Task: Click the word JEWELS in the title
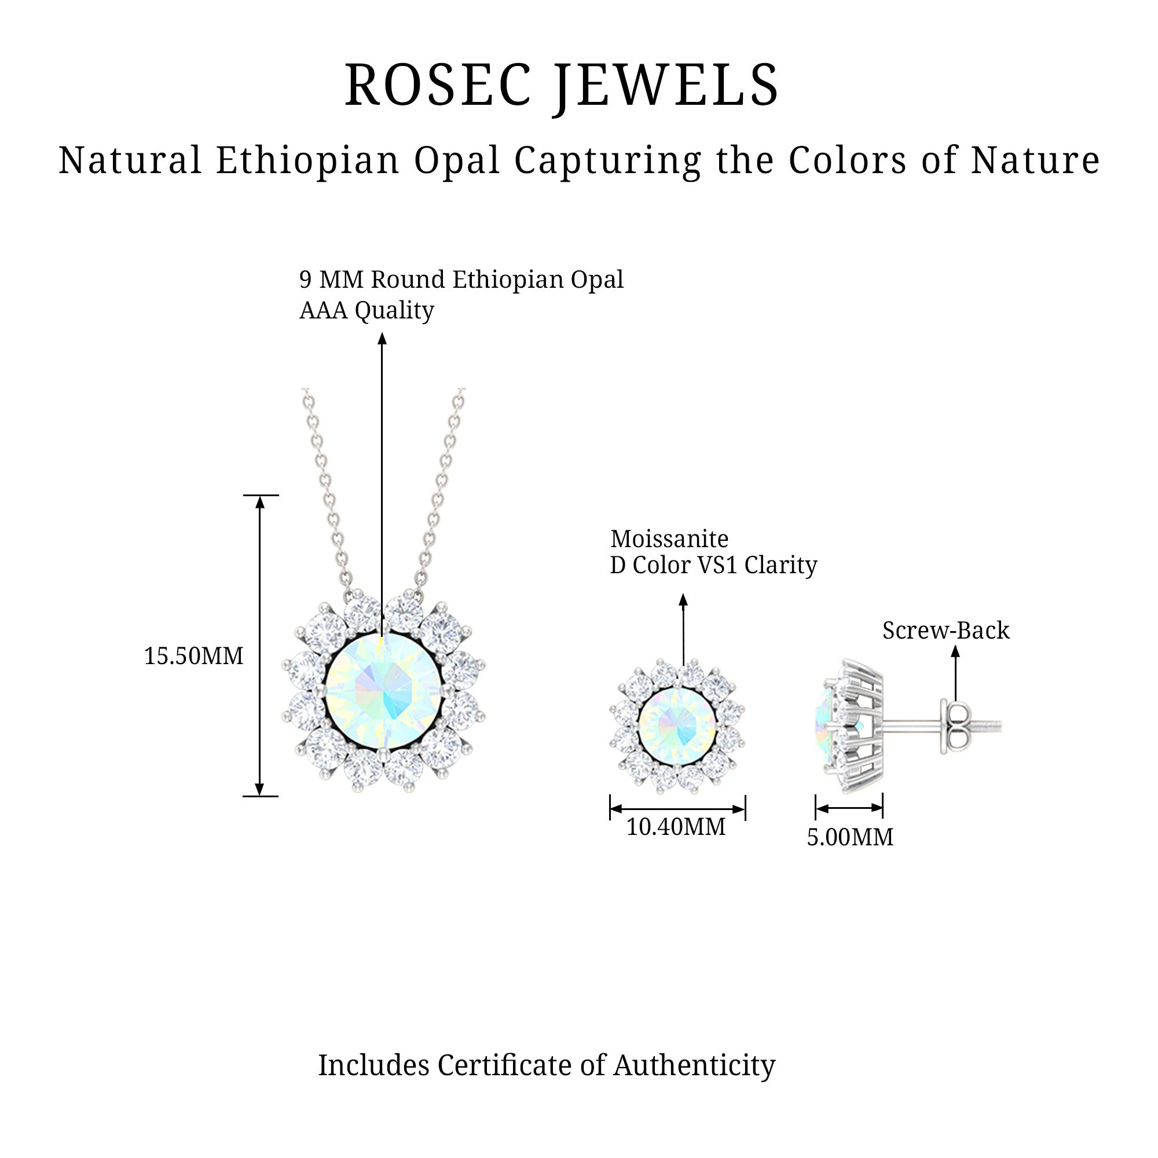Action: [665, 86]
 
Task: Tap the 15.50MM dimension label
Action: [193, 657]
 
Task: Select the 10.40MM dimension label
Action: [676, 827]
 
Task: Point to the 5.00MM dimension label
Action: [849, 837]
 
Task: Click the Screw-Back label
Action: [946, 631]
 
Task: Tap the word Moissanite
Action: [669, 540]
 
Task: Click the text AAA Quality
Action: [367, 310]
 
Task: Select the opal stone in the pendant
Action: [383, 693]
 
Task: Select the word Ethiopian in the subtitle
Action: [307, 160]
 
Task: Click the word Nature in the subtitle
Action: [1036, 160]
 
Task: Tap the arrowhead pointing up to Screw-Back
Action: [955, 651]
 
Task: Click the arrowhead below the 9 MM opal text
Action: [382, 339]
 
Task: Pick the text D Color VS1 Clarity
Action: [713, 566]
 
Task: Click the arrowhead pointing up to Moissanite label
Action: [683, 600]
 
